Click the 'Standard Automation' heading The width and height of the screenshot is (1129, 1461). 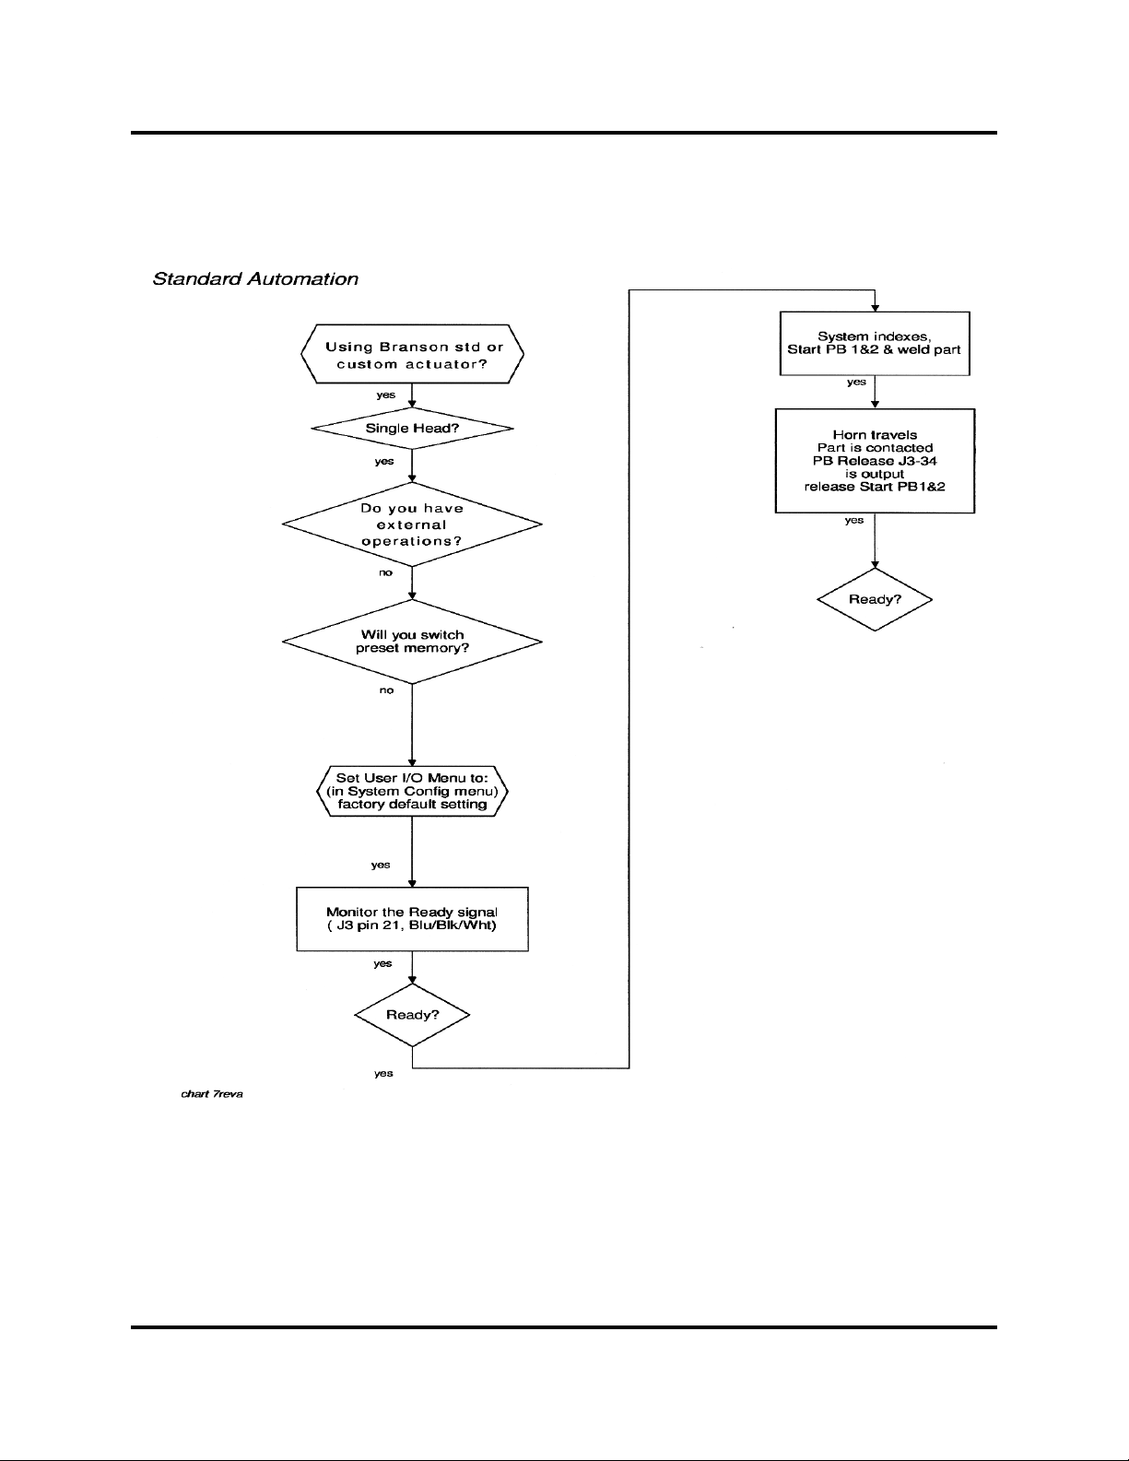pyautogui.click(x=255, y=279)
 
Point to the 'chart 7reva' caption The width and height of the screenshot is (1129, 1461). pyautogui.click(x=212, y=1094)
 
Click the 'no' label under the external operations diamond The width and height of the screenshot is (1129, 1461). pyautogui.click(x=385, y=572)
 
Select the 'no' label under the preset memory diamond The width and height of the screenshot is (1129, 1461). pyautogui.click(x=386, y=690)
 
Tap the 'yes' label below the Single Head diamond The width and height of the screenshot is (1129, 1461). pyautogui.click(x=384, y=461)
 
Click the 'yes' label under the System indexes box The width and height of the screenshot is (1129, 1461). pyautogui.click(x=856, y=382)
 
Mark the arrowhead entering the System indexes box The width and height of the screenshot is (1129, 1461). pyautogui.click(x=875, y=308)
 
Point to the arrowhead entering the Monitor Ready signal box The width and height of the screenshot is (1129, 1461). pyautogui.click(x=412, y=883)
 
